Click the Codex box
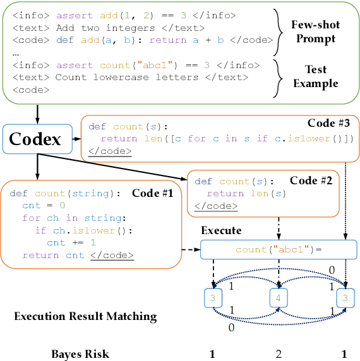[35, 138]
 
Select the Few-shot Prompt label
[315, 31]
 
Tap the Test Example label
[315, 77]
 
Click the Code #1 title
[152, 193]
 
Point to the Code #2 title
[311, 180]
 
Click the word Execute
[221, 231]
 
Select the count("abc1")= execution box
[279, 249]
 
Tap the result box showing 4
[279, 297]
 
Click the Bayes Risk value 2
[279, 353]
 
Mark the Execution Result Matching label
[85, 316]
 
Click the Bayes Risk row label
[80, 353]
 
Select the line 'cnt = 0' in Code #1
[40, 206]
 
